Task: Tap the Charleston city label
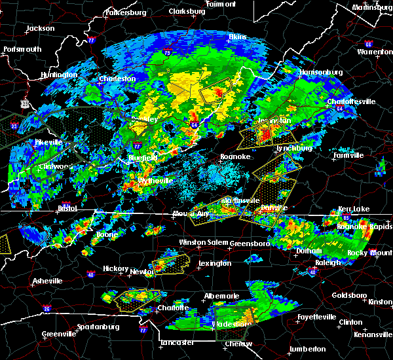click(117, 79)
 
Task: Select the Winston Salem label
click(202, 243)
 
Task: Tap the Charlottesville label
click(351, 102)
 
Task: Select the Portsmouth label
click(22, 49)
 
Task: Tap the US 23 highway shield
click(24, 103)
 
